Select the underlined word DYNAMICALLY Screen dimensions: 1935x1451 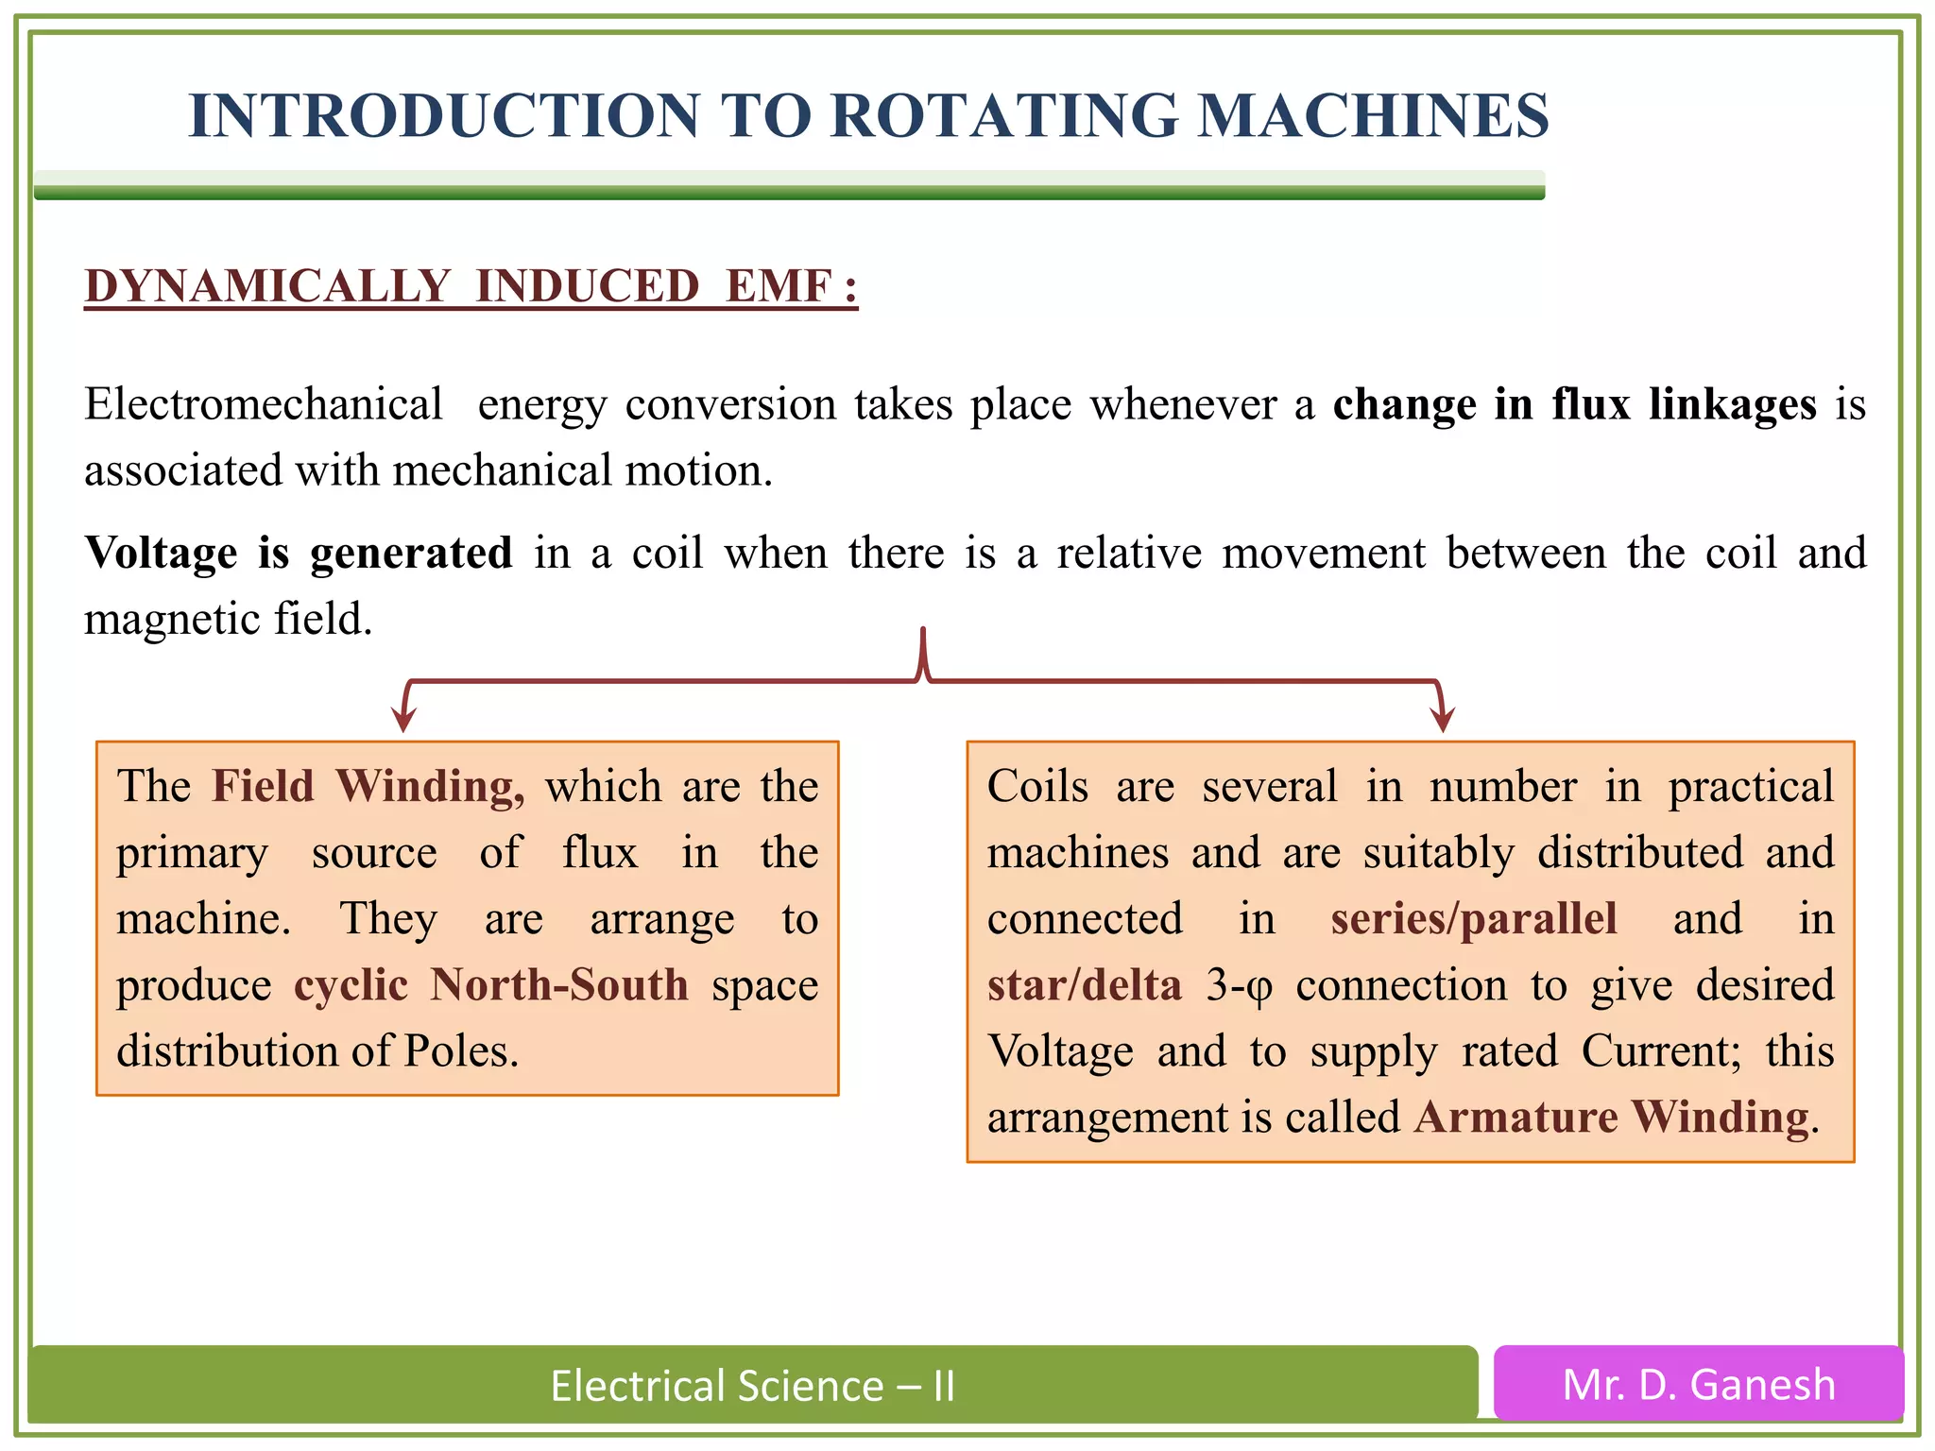coord(267,286)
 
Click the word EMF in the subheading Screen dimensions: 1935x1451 coord(779,286)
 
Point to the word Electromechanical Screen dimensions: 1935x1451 coord(263,404)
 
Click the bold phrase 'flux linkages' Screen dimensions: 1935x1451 coord(1684,404)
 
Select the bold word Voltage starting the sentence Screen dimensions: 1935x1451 coord(161,553)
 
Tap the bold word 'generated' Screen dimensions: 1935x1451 coord(411,555)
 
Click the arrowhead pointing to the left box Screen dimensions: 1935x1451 coord(404,720)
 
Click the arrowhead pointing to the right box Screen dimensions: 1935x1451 coord(1443,720)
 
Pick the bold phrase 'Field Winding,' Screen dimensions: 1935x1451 coord(368,787)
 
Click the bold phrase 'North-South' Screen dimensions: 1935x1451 coord(559,985)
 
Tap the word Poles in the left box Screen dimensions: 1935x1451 coord(460,1051)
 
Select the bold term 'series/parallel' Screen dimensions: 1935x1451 coord(1474,919)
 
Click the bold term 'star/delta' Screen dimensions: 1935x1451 coord(1085,985)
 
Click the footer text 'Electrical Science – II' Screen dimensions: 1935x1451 coord(753,1386)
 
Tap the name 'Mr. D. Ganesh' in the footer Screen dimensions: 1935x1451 coord(1699,1385)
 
